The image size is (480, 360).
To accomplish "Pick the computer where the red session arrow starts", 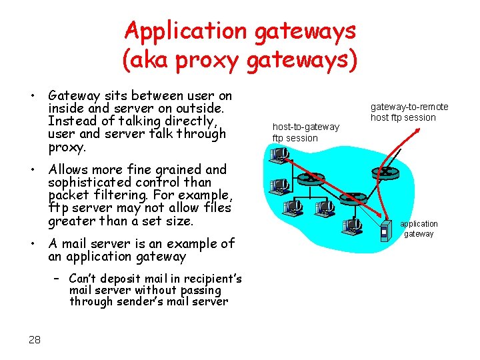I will pyautogui.click(x=279, y=155).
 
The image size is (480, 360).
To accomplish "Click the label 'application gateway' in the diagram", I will pyautogui.click(x=419, y=229).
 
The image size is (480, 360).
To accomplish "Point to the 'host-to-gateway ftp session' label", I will pyautogui.click(x=305, y=132).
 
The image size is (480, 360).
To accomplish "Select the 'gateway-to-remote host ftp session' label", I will pyautogui.click(x=409, y=112).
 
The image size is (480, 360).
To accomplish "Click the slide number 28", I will pyautogui.click(x=35, y=340).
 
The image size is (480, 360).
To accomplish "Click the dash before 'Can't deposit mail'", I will pyautogui.click(x=58, y=279).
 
